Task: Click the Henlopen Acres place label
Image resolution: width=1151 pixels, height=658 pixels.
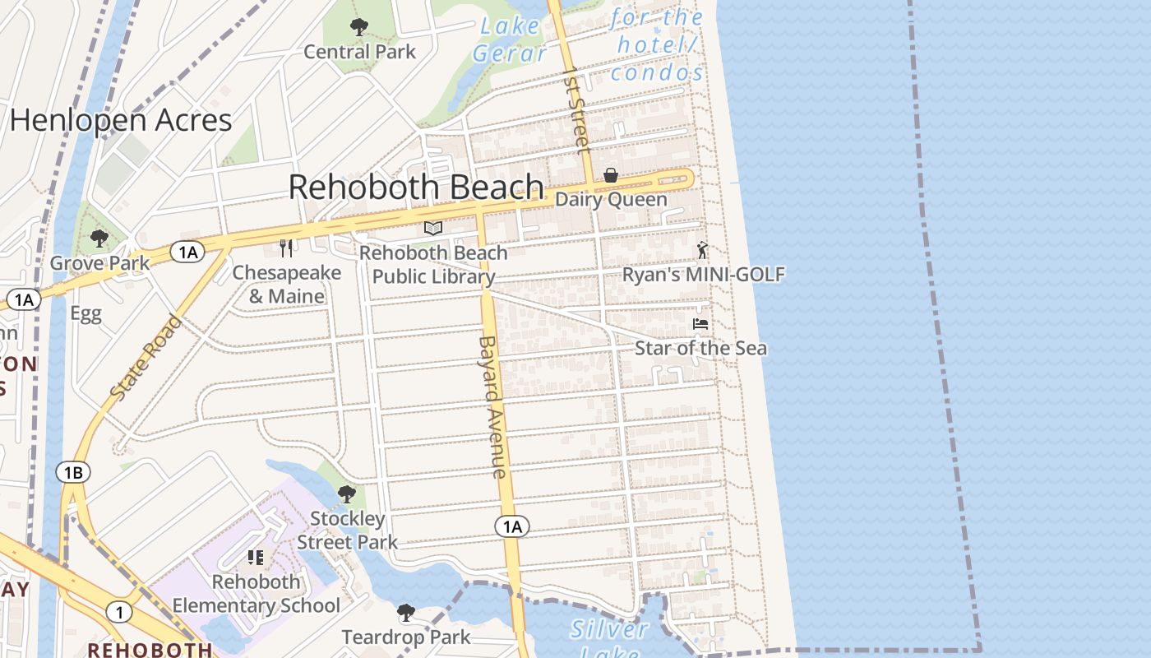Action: pos(121,121)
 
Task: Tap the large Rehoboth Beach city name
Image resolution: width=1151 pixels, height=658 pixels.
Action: pos(416,188)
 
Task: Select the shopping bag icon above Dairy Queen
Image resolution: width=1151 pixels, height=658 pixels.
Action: pos(611,175)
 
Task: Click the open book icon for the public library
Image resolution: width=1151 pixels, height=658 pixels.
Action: pos(433,228)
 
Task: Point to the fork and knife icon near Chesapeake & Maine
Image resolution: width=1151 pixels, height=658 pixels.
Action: pos(286,248)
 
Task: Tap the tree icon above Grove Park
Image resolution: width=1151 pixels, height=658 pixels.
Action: pos(99,239)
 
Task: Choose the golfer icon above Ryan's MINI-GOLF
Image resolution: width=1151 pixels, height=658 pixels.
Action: pos(702,250)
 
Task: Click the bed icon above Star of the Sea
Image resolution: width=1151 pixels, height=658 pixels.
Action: pos(700,324)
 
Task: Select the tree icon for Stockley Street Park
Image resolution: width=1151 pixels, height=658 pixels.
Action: pos(347,494)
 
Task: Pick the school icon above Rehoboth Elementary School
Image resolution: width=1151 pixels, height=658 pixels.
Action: pos(256,558)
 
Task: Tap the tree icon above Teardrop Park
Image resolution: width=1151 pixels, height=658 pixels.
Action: pos(405,612)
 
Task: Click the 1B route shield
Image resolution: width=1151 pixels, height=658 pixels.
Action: pos(73,472)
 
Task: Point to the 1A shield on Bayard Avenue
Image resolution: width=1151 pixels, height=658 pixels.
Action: pos(511,526)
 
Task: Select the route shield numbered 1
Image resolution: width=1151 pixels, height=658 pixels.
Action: pos(119,612)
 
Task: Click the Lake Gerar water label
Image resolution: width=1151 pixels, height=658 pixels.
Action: pos(510,39)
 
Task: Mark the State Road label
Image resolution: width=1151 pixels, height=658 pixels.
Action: pos(146,358)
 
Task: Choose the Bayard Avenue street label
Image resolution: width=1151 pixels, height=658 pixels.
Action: pos(491,406)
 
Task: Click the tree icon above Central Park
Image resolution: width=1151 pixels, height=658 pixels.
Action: pos(359,27)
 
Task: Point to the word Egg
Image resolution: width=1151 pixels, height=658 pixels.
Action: pos(86,313)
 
